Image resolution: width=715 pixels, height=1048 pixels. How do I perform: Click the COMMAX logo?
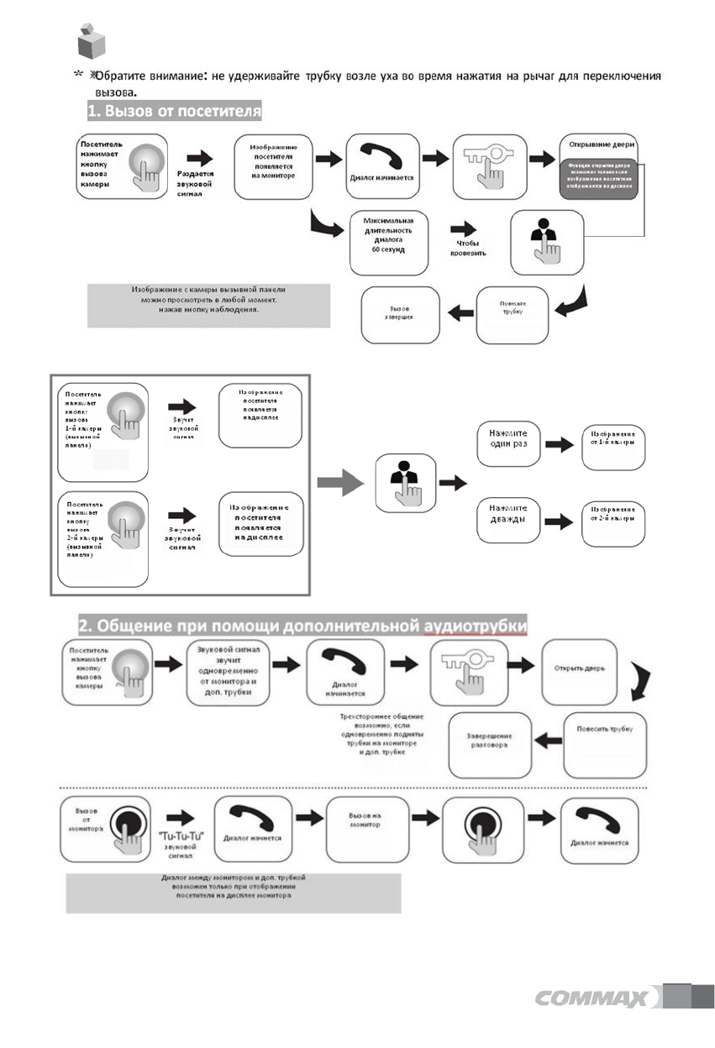(x=591, y=998)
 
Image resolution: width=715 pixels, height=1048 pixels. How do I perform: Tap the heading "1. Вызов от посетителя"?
(x=176, y=111)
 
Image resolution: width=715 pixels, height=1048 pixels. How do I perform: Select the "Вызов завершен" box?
(x=399, y=316)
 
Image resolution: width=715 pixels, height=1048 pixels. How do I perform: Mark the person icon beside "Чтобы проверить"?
(x=545, y=242)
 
